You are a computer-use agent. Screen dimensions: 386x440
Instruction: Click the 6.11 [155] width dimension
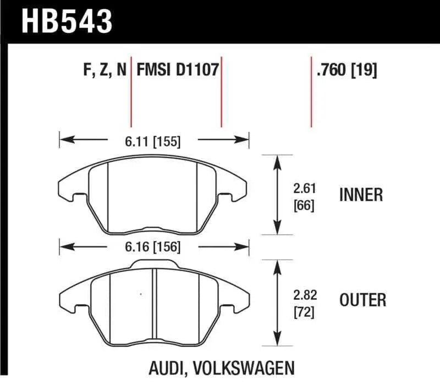(152, 141)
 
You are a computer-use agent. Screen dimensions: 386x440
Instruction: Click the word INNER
(361, 195)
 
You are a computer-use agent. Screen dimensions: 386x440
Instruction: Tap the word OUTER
(362, 300)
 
